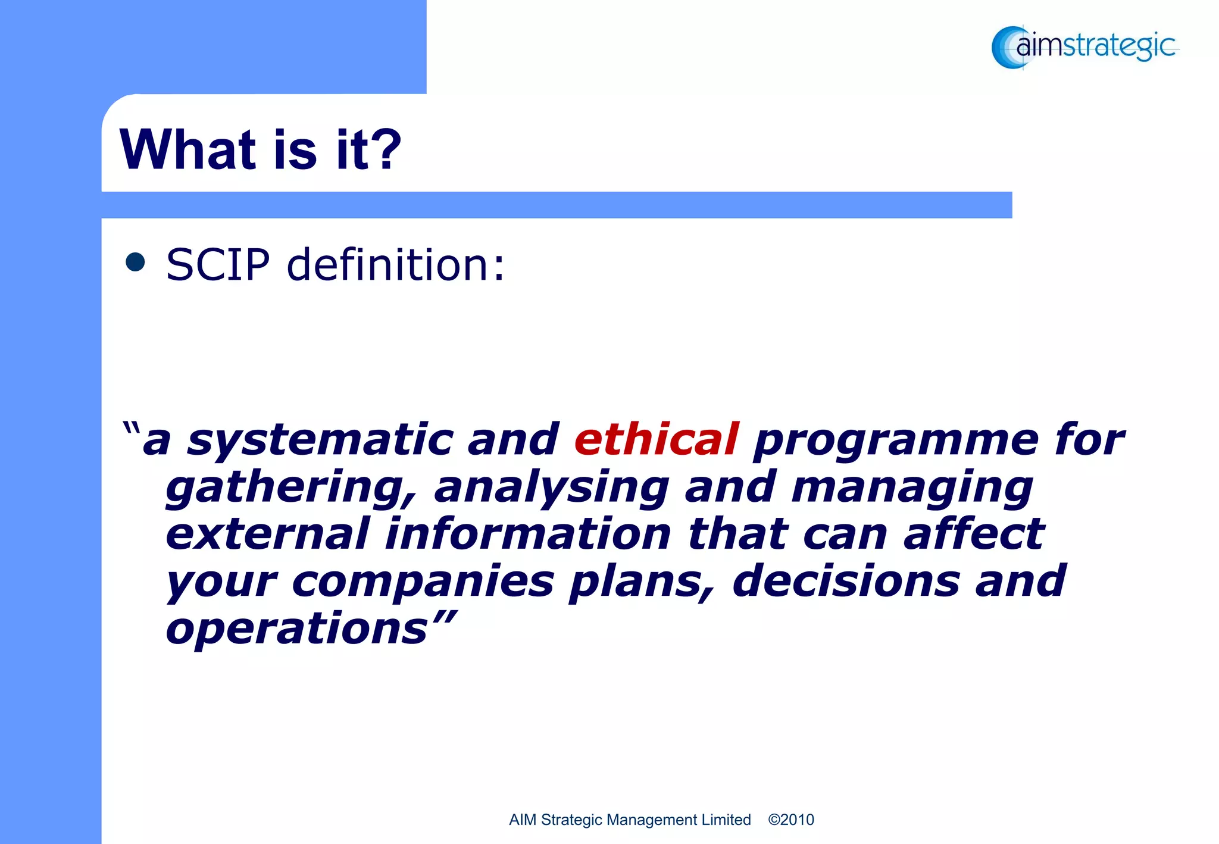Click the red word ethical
657,439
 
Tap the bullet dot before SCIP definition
136,262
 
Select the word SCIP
218,264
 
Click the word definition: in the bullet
395,264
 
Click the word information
529,533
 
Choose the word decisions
846,581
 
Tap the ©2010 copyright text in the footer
791,820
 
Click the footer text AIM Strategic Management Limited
630,820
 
